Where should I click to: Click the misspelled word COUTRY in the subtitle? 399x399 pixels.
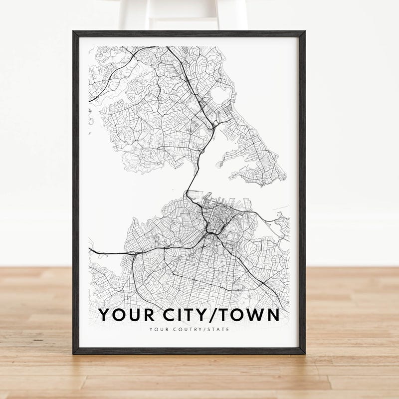(x=186, y=329)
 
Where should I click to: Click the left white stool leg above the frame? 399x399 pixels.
(x=129, y=15)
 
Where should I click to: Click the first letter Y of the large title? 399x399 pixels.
(x=104, y=315)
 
